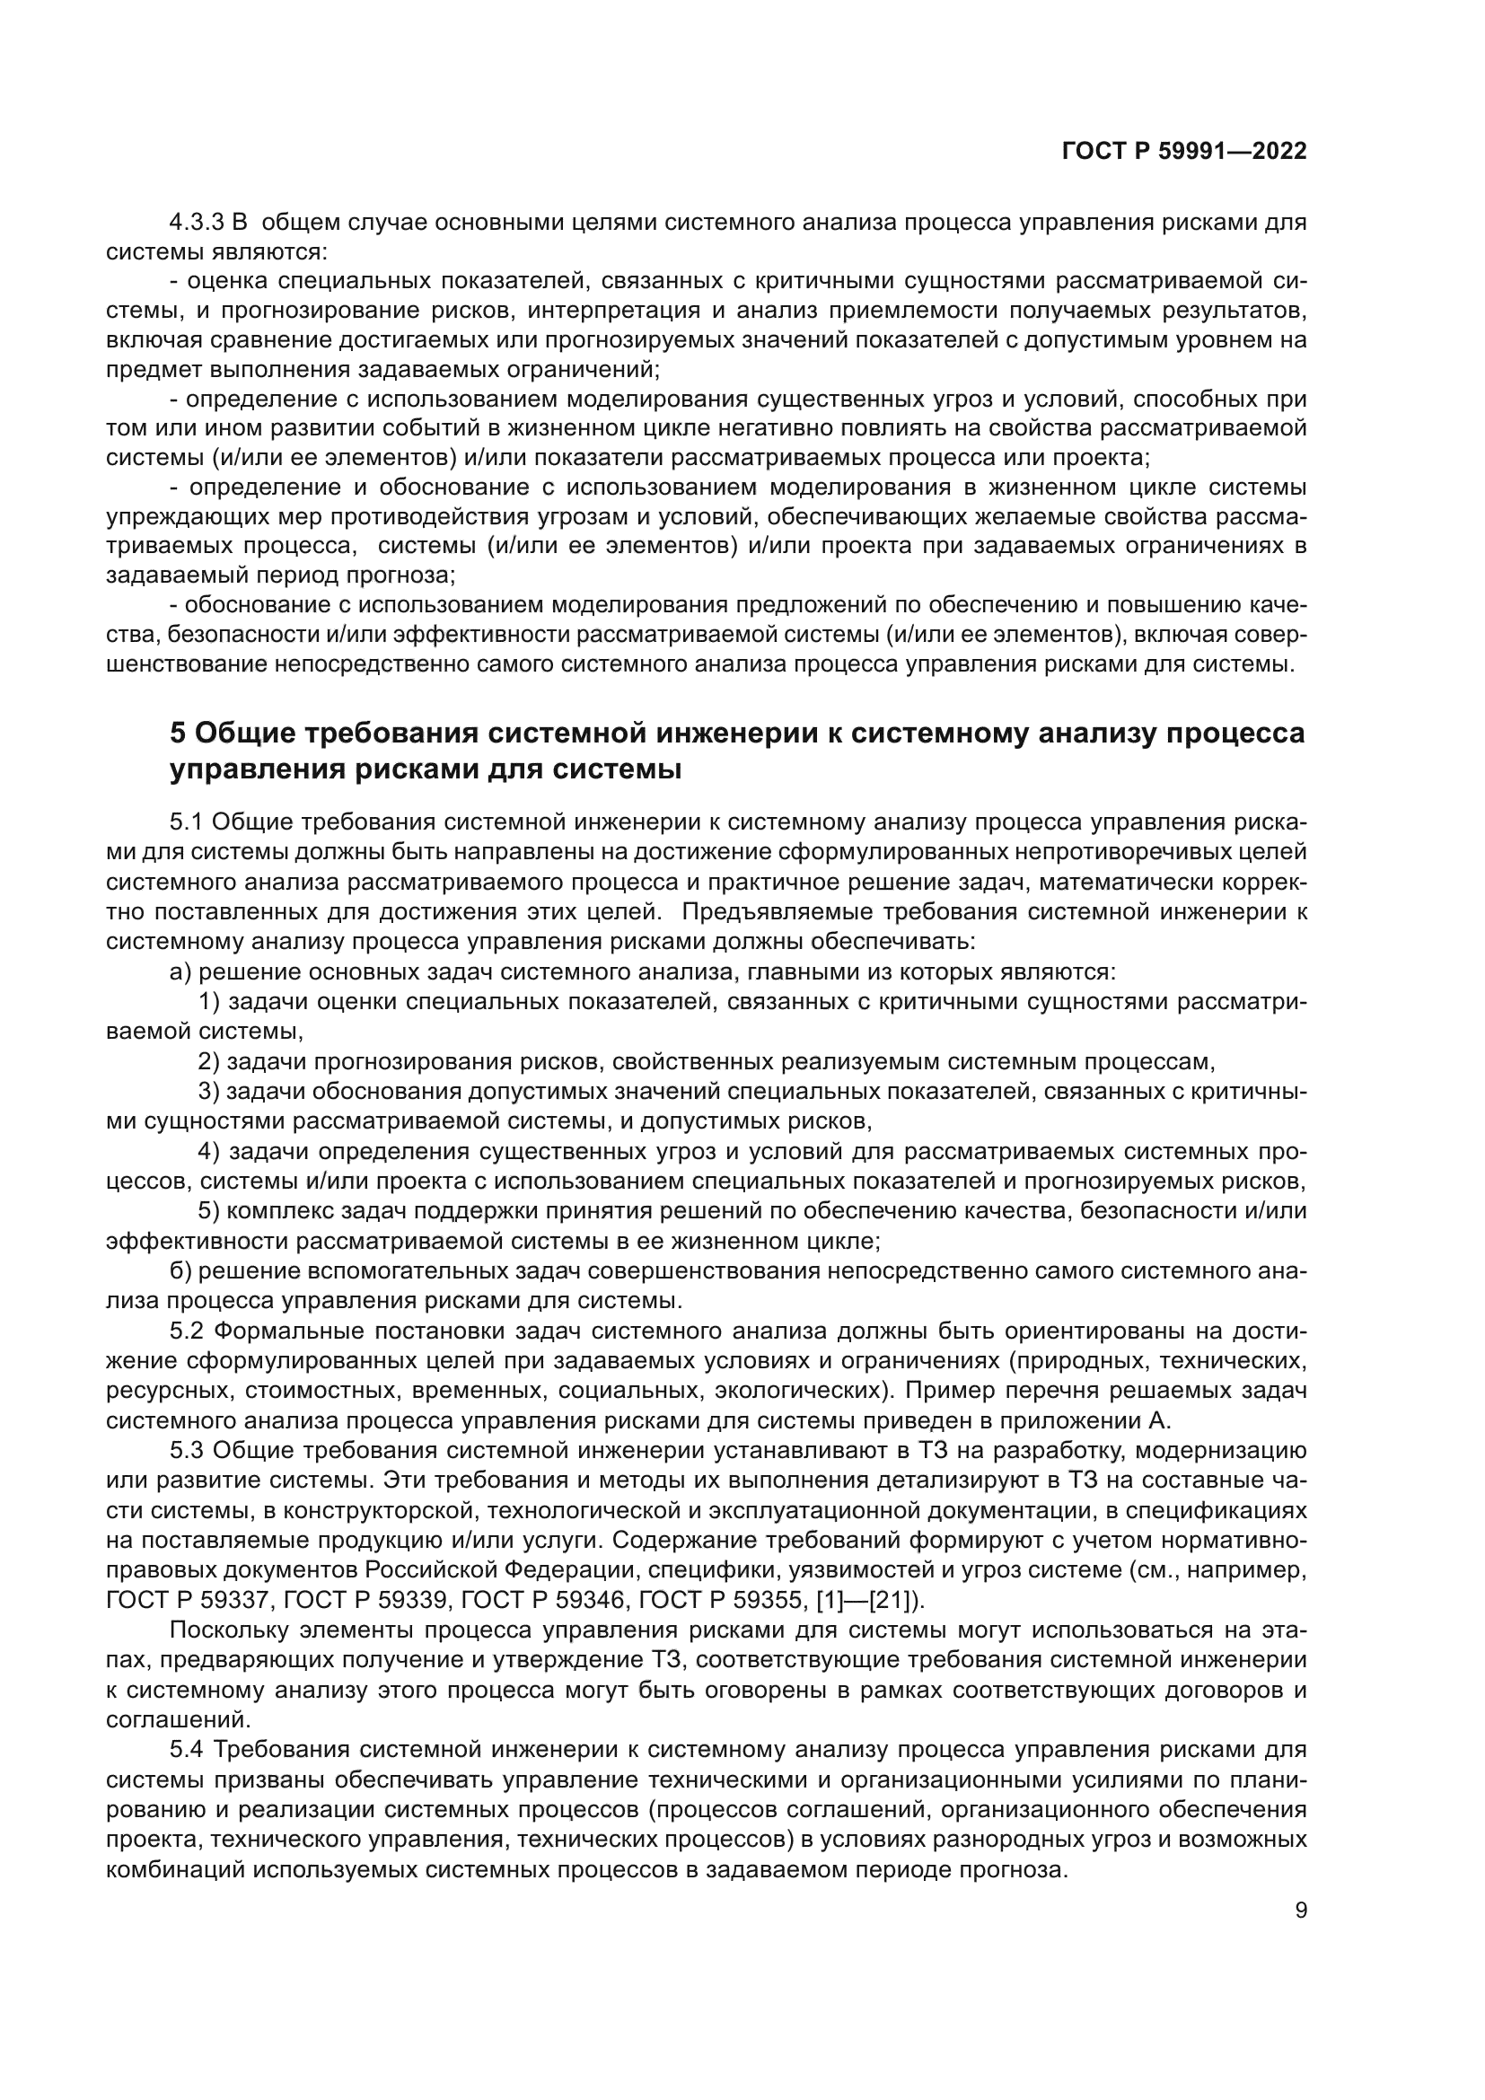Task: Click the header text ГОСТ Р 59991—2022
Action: (1183, 152)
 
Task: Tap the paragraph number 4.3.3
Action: (197, 223)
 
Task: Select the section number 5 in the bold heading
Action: (179, 734)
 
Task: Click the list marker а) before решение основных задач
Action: (180, 971)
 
